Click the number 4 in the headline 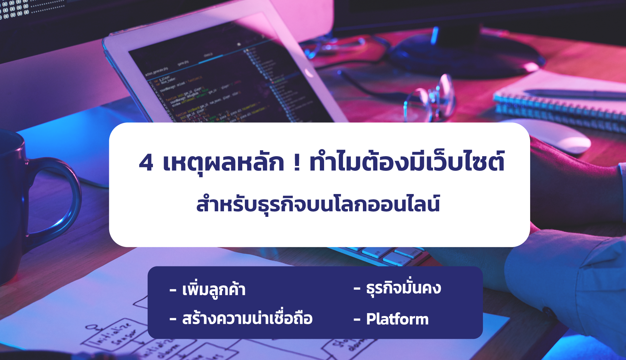tap(146, 162)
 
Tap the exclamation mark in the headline tap(296, 162)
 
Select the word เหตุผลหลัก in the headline tap(223, 162)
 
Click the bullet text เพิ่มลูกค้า tap(214, 290)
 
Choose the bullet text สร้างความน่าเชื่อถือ tap(247, 319)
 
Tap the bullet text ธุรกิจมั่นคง tap(403, 288)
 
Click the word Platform tap(397, 319)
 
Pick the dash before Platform tap(357, 320)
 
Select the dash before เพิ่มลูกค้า tap(173, 290)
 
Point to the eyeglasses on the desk tap(430, 98)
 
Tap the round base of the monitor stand tap(469, 55)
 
